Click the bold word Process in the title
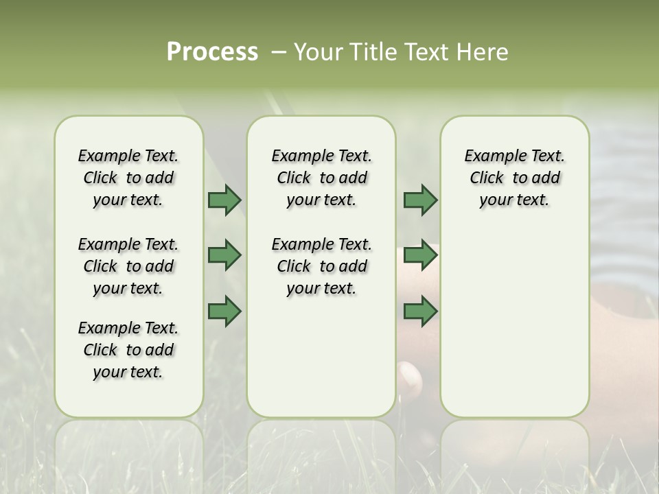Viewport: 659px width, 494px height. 212,52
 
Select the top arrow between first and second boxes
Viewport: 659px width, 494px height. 224,200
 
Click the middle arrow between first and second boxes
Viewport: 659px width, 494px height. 224,256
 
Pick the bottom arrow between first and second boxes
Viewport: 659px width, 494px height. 224,311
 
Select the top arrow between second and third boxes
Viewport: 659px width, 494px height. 420,200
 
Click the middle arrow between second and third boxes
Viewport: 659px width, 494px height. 420,256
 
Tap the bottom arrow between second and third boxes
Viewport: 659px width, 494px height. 420,311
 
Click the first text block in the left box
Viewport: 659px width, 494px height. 128,178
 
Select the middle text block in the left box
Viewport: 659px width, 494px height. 128,266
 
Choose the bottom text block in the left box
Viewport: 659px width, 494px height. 128,350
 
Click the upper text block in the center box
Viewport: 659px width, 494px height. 321,178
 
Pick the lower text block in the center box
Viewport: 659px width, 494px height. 321,266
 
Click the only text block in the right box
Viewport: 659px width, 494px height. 514,178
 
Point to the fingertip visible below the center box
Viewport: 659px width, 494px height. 410,378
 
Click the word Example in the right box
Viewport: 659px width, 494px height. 493,156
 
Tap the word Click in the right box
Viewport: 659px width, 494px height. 487,178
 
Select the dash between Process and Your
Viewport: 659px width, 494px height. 279,52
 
